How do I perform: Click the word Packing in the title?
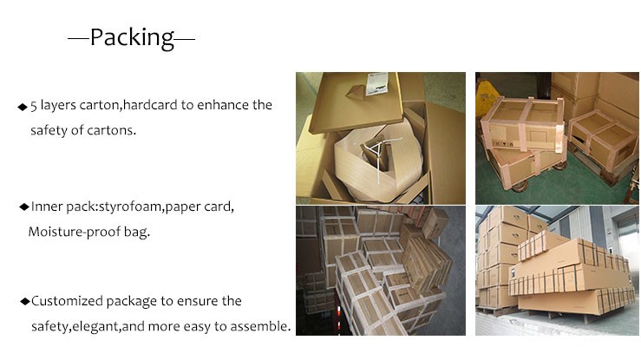[132, 38]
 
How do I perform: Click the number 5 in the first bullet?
[34, 106]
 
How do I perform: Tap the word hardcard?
[150, 105]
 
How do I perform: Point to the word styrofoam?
[131, 206]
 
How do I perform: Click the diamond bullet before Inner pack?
[24, 206]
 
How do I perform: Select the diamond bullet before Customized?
[25, 302]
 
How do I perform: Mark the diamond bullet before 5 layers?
[23, 107]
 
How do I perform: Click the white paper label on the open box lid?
[376, 83]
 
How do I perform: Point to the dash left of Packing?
[78, 39]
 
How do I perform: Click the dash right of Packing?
[185, 39]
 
